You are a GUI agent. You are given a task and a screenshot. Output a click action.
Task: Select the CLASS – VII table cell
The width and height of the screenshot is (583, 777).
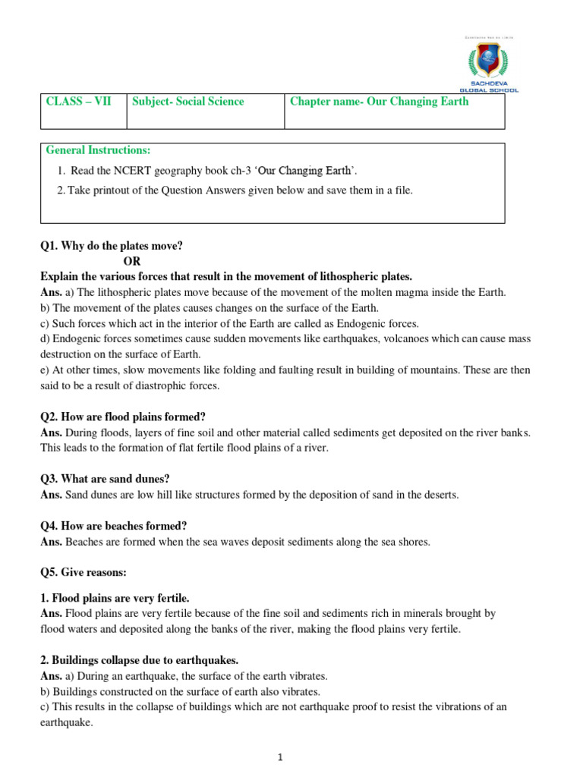pos(78,102)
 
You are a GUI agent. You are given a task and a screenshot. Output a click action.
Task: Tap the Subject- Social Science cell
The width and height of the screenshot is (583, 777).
pos(188,102)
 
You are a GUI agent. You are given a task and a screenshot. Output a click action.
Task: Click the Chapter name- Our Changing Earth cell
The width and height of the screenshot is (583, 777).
pos(380,102)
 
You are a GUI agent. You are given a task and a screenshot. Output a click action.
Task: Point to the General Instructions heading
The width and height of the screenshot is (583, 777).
pos(99,150)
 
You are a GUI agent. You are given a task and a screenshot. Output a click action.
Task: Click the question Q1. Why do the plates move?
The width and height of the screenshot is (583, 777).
pos(112,246)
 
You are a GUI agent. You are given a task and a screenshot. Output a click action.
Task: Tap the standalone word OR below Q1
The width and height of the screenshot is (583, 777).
pos(133,261)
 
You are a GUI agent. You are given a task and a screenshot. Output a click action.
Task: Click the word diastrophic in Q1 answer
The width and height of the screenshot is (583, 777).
pos(162,385)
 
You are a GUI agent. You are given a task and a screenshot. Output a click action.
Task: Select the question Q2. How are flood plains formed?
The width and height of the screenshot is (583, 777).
pos(123,417)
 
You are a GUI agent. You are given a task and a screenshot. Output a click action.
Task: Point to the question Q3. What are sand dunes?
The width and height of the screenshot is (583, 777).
pos(105,479)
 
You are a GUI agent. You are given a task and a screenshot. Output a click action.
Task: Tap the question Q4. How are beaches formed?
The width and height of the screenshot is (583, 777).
pos(114,526)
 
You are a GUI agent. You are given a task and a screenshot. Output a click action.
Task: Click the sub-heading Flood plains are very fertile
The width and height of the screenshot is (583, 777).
pos(115,598)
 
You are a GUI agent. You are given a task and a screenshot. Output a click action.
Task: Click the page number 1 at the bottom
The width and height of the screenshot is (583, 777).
pos(280,757)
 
